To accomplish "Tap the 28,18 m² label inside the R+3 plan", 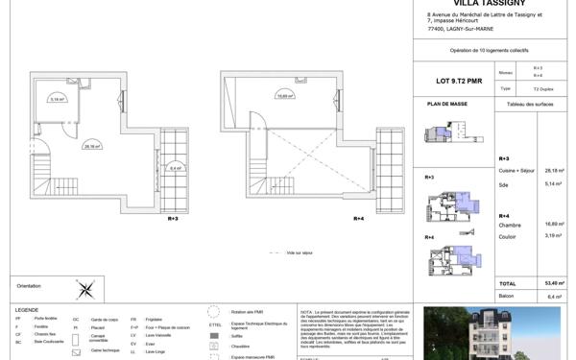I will point(92,146).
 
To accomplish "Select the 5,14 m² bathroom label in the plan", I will point(57,99).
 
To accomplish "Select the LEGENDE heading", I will point(26,309).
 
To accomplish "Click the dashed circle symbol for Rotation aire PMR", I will point(216,312).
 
